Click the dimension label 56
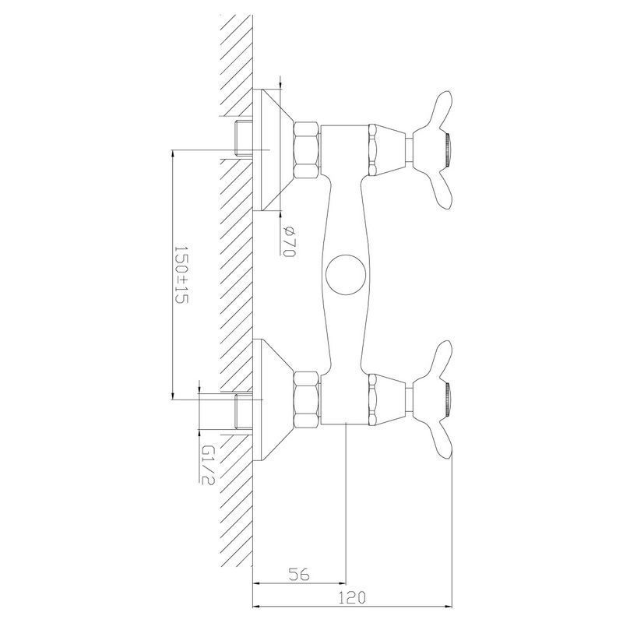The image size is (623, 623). pyautogui.click(x=299, y=574)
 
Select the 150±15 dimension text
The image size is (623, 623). pyautogui.click(x=181, y=275)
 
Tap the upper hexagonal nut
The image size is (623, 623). pyautogui.click(x=307, y=150)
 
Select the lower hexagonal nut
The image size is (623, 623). pyautogui.click(x=307, y=399)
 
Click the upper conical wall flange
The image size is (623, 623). pyautogui.click(x=273, y=150)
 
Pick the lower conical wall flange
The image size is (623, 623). pyautogui.click(x=273, y=400)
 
